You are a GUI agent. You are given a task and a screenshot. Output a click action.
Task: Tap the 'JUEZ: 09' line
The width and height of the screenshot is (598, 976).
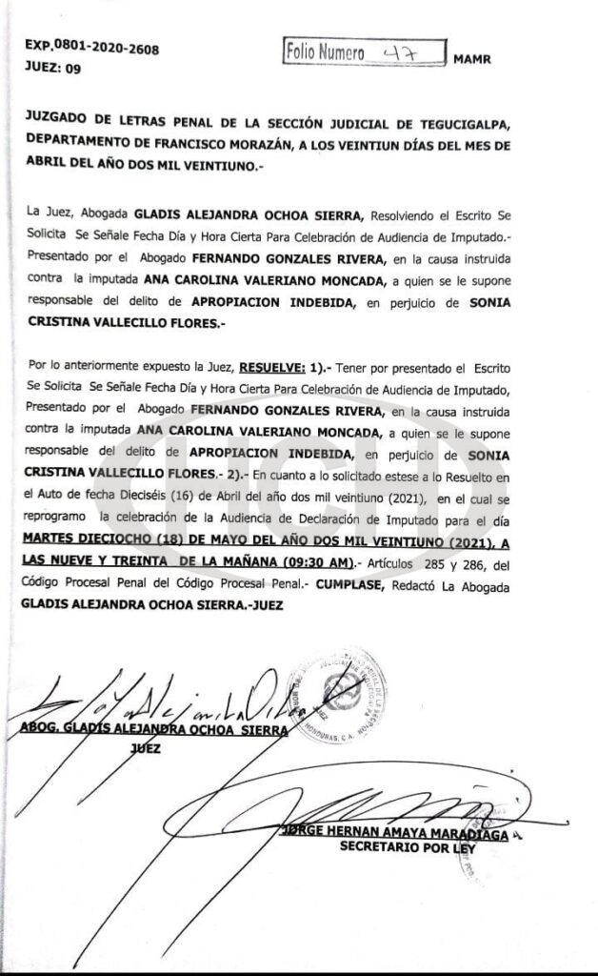click(53, 68)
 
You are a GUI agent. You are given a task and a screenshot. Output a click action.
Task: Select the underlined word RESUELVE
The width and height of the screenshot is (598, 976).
click(271, 367)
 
